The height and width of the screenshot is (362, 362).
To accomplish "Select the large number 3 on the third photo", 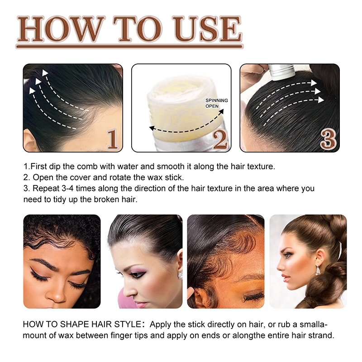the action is click(x=328, y=139).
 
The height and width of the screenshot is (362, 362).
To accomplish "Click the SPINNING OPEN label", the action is click(x=217, y=103).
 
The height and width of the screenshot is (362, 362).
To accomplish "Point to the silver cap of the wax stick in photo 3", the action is click(x=281, y=72).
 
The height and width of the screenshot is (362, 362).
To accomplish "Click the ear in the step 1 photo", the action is click(x=30, y=141).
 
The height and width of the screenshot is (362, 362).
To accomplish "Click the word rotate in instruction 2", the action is click(x=136, y=177).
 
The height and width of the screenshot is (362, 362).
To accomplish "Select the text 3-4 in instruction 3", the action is click(x=67, y=188).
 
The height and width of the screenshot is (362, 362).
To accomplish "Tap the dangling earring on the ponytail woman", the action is click(x=318, y=270).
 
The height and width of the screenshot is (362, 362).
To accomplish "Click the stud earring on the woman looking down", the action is click(x=180, y=276).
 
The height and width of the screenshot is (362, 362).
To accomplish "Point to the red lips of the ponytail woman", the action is click(x=285, y=277).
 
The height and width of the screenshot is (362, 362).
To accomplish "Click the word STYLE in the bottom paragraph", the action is click(x=128, y=324).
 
